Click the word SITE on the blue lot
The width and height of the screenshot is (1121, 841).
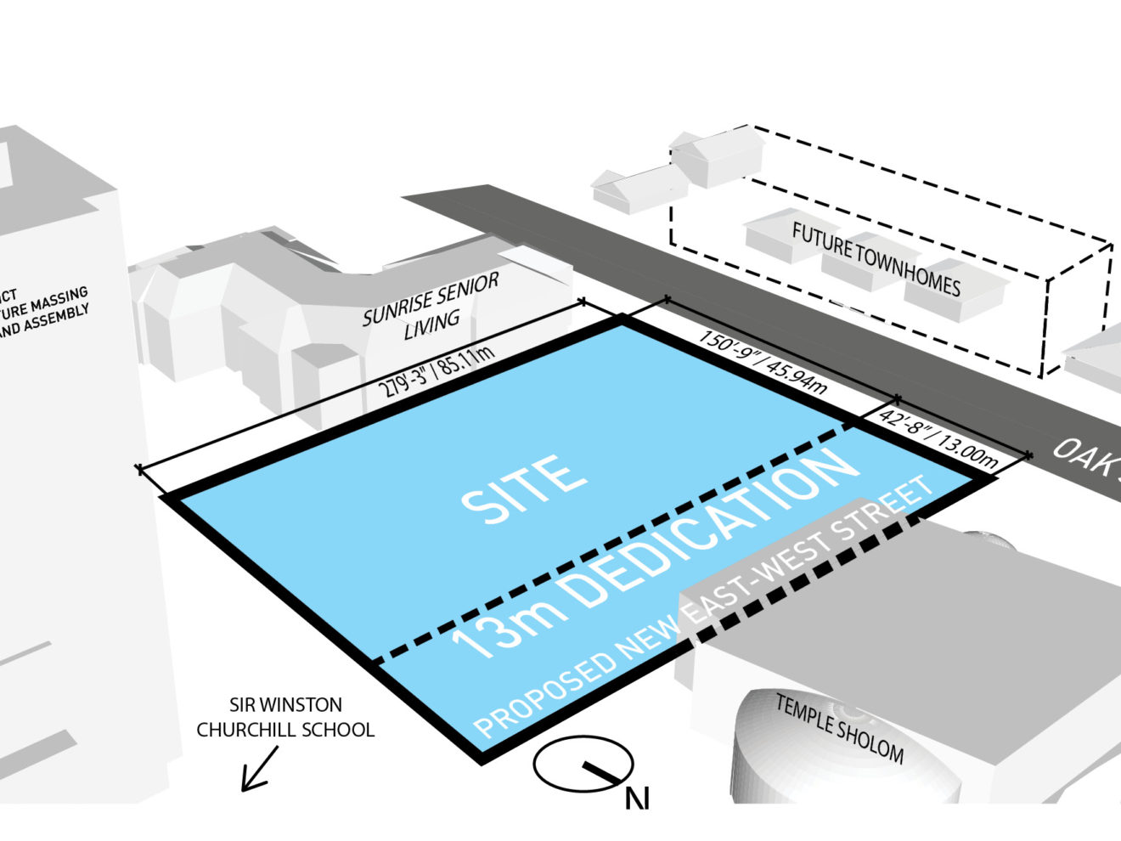pyautogui.click(x=524, y=489)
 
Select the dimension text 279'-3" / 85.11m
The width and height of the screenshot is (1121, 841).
pyautogui.click(x=435, y=372)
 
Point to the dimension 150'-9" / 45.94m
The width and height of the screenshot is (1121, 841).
pyautogui.click(x=762, y=362)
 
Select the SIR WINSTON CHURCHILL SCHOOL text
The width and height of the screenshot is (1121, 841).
pyautogui.click(x=285, y=717)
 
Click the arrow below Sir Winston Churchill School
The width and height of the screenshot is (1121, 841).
pyautogui.click(x=259, y=769)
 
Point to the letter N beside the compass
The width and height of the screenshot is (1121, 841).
pyautogui.click(x=637, y=799)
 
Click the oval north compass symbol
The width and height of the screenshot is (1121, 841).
pyautogui.click(x=583, y=763)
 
